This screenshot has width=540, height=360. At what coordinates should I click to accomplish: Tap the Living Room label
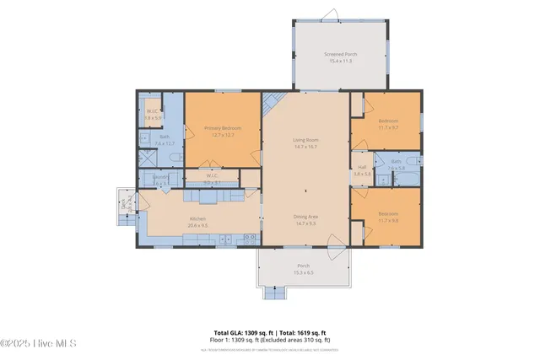[304, 143]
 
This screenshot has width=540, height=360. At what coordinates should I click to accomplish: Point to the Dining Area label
[304, 220]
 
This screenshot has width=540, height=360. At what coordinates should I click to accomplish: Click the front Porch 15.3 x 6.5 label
[303, 269]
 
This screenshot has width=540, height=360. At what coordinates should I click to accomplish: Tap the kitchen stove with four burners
[250, 238]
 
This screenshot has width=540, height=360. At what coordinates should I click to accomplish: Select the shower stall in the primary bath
[147, 160]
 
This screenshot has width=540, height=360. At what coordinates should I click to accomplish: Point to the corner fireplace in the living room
[271, 105]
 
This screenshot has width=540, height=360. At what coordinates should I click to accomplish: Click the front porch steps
[276, 293]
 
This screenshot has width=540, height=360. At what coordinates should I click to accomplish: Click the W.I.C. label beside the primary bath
[152, 115]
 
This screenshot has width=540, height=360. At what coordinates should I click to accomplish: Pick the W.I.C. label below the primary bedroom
[212, 180]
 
